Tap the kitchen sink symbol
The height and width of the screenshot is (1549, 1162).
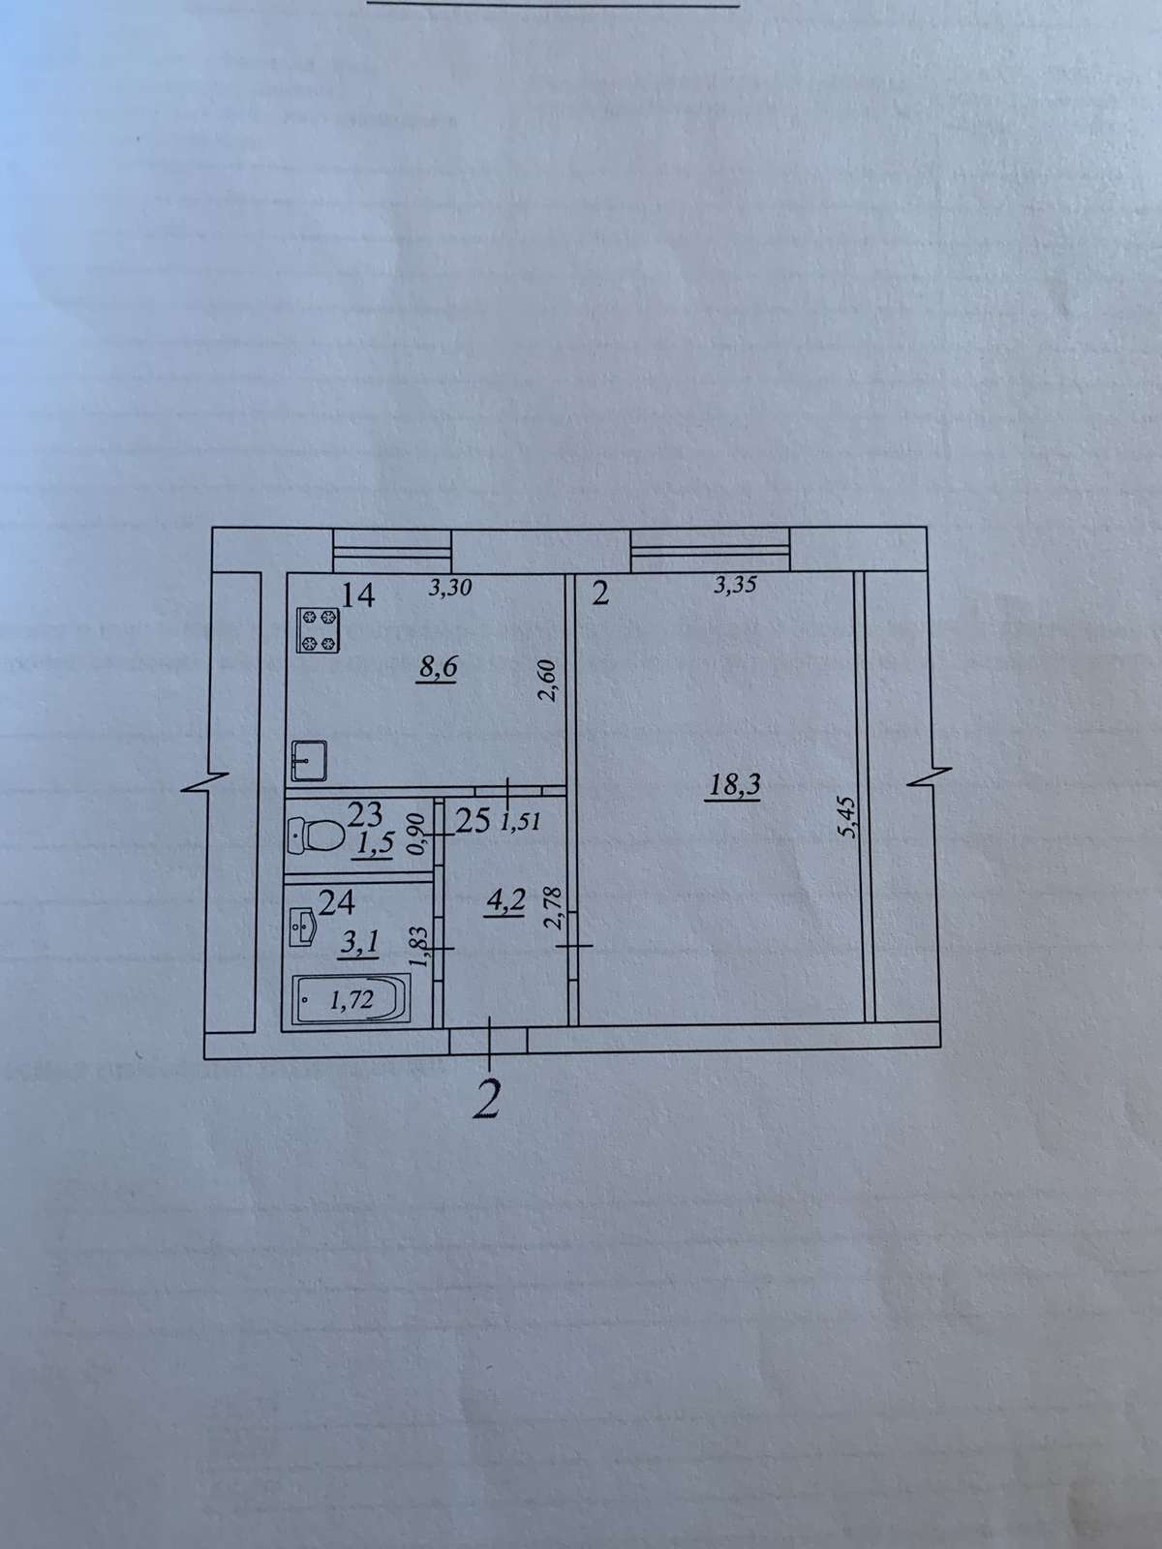(309, 761)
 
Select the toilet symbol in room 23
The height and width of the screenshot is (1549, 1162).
(316, 836)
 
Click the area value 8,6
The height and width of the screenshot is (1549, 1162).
(438, 668)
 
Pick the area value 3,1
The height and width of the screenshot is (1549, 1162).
(359, 943)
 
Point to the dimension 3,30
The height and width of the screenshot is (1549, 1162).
(450, 587)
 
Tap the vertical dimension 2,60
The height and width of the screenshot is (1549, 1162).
(548, 681)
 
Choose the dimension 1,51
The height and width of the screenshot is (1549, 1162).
(519, 821)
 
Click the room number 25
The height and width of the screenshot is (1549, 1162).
(473, 821)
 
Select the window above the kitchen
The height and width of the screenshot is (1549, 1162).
(391, 551)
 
